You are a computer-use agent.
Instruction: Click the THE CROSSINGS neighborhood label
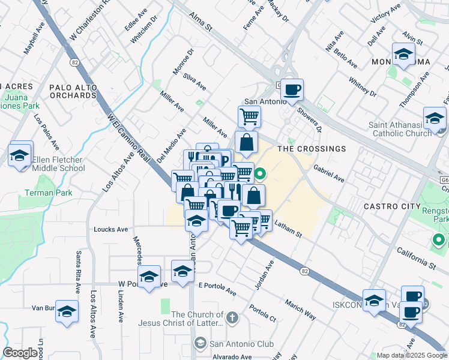(x=312, y=149)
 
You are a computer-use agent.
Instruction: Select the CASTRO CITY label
(x=393, y=206)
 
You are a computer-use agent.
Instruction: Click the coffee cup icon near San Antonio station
(x=292, y=91)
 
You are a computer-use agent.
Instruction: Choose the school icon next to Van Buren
(x=67, y=311)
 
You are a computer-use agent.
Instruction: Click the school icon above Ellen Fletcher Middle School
(x=20, y=156)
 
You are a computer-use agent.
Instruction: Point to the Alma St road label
(x=201, y=23)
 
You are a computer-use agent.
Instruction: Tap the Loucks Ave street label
(x=111, y=229)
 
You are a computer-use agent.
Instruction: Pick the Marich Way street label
(x=300, y=310)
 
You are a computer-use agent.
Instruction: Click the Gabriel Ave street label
(x=328, y=175)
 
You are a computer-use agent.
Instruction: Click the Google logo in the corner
(x=20, y=353)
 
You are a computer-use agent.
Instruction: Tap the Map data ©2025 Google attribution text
(x=412, y=355)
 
